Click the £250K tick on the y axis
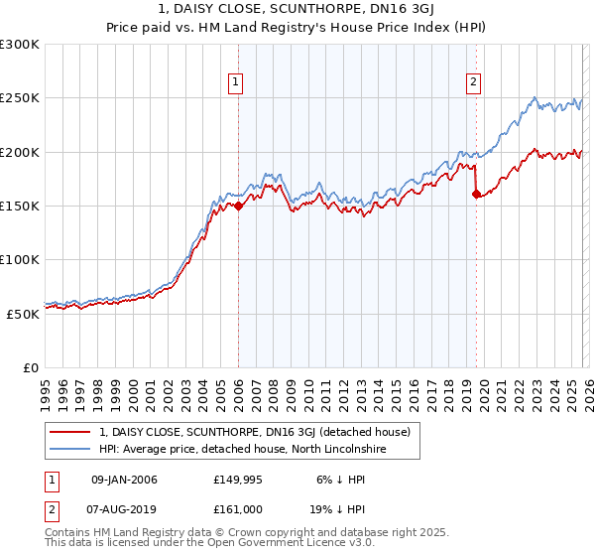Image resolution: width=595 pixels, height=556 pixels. click(x=20, y=98)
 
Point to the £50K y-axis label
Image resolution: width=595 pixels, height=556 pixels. click(x=23, y=313)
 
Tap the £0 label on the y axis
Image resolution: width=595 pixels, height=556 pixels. click(x=31, y=367)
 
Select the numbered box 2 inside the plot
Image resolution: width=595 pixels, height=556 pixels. click(x=474, y=82)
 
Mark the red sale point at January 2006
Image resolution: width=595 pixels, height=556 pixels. click(x=238, y=207)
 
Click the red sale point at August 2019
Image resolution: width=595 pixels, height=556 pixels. click(x=476, y=195)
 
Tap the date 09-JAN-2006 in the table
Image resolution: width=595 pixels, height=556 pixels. click(x=124, y=480)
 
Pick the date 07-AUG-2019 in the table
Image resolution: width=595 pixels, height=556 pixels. click(x=124, y=509)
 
